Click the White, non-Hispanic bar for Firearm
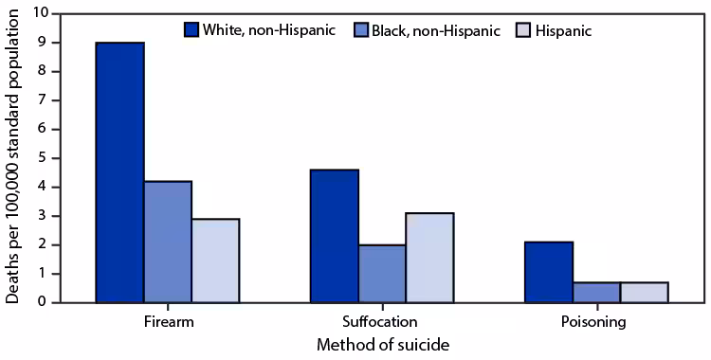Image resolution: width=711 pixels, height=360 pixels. (120, 172)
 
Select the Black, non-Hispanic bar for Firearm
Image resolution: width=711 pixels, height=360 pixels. (168, 242)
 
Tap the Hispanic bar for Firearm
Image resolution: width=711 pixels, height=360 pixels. (215, 261)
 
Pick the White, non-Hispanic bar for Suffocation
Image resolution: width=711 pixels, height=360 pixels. (335, 236)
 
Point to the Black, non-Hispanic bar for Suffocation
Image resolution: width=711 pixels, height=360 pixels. (382, 274)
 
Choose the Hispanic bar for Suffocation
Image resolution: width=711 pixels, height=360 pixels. (429, 258)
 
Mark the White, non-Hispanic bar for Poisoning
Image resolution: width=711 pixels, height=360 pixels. (549, 272)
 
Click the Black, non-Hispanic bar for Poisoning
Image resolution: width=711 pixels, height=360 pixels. (596, 292)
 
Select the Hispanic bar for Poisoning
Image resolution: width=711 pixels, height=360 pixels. (644, 292)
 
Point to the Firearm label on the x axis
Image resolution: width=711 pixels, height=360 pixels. (168, 321)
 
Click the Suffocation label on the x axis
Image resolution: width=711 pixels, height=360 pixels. (382, 321)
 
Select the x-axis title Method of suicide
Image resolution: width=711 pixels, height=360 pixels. (382, 346)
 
